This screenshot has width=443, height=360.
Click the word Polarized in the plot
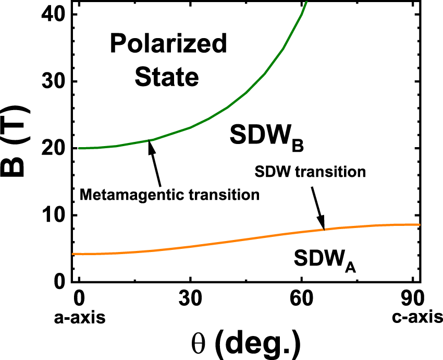pyautogui.click(x=168, y=44)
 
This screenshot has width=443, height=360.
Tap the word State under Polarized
pyautogui.click(x=167, y=77)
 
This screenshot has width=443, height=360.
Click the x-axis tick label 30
pyautogui.click(x=190, y=302)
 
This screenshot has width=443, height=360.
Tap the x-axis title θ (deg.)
pyautogui.click(x=246, y=343)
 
